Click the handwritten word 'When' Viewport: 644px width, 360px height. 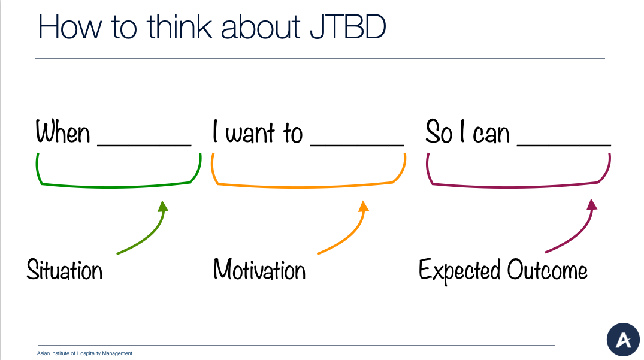click(x=62, y=132)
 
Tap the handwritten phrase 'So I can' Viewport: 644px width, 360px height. click(x=467, y=132)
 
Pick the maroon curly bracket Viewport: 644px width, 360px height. click(x=518, y=186)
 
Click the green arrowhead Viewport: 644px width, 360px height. click(x=162, y=207)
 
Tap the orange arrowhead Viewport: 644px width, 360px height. click(x=363, y=207)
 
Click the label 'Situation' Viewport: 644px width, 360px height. click(x=65, y=270)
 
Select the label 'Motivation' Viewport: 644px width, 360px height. click(x=259, y=270)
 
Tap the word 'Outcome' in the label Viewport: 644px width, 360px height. click(x=547, y=270)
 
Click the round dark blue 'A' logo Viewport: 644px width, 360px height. click(x=623, y=340)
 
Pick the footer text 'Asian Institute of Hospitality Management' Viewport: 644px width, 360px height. click(x=84, y=353)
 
